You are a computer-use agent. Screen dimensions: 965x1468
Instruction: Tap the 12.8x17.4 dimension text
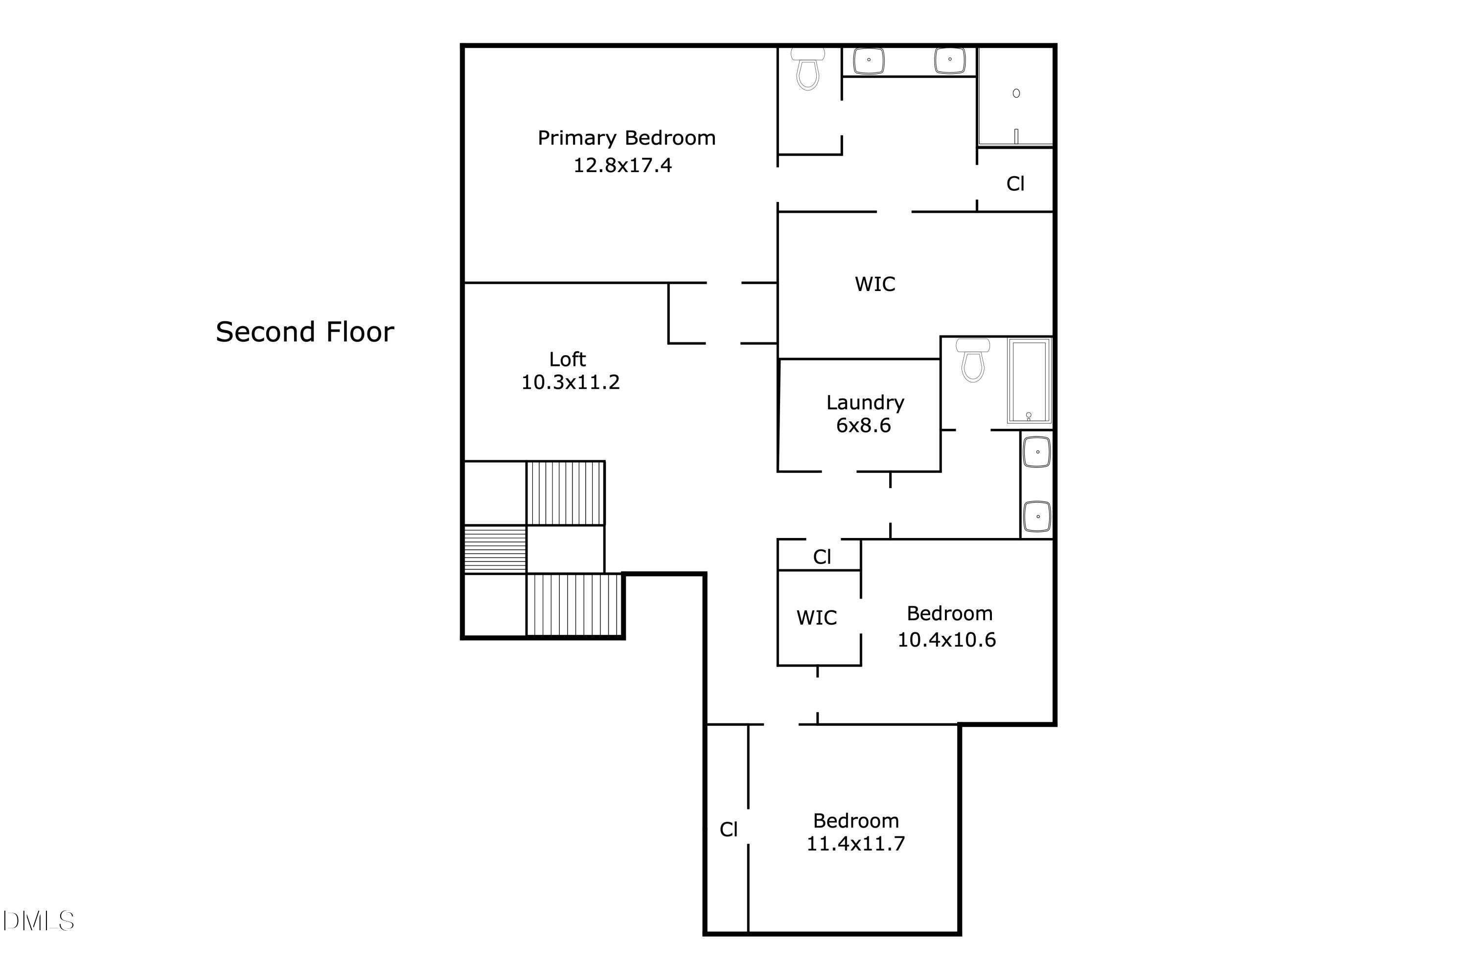(x=622, y=165)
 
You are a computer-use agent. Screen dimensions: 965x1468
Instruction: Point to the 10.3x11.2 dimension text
(x=570, y=382)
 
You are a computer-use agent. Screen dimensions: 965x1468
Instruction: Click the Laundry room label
(x=865, y=402)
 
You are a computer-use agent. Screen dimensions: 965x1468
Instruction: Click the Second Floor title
(x=305, y=332)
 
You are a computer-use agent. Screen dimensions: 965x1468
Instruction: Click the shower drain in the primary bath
(x=1016, y=93)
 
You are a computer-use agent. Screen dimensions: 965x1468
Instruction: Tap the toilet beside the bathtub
(x=973, y=361)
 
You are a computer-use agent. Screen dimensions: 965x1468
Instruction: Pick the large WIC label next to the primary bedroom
(x=874, y=284)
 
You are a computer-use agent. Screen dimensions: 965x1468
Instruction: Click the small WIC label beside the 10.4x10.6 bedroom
(x=816, y=618)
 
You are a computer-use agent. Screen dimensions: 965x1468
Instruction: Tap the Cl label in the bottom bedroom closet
(x=729, y=830)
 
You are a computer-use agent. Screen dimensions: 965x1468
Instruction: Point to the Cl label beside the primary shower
(x=1015, y=184)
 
